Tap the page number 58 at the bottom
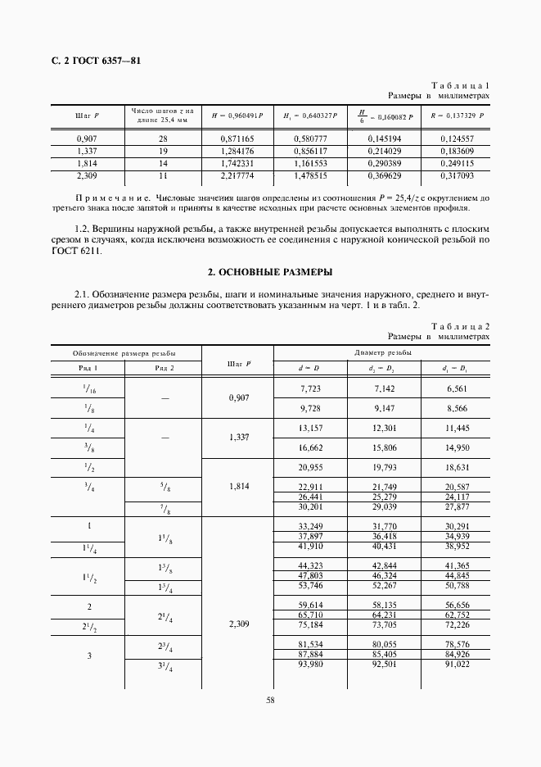[270, 700]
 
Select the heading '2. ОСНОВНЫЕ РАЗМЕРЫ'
[270, 271]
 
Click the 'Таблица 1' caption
[459, 85]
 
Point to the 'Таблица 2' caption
[459, 326]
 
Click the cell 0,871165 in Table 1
[237, 139]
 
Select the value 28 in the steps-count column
[163, 139]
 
